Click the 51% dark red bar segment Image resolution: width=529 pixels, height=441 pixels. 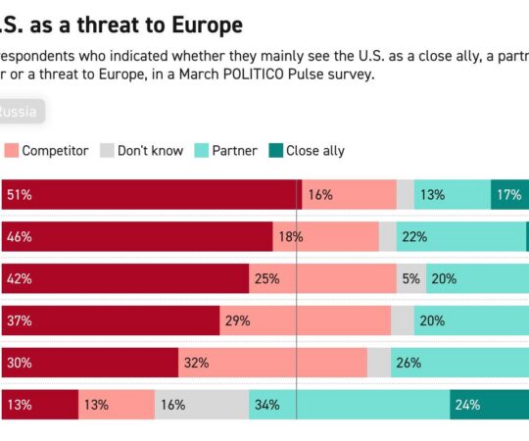tap(151, 194)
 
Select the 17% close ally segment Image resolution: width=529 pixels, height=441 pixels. tap(509, 194)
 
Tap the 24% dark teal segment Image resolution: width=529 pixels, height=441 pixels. tap(489, 404)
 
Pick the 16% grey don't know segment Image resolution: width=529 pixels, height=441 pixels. tap(202, 404)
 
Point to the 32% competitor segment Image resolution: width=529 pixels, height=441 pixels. tap(272, 362)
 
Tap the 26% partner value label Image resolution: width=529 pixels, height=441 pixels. tap(409, 362)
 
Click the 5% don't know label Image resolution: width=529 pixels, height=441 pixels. tap(410, 278)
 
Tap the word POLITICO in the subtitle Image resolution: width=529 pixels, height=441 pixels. tap(259, 73)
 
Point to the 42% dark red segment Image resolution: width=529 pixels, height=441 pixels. tap(124, 278)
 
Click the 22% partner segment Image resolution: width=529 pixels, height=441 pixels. tap(460, 236)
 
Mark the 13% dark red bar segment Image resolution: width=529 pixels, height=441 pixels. tap(39, 404)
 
